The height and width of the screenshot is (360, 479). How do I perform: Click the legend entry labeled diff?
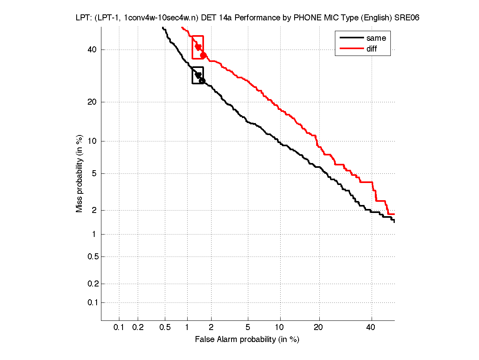[x=371, y=49]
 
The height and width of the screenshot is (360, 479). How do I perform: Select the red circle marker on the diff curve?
[x=203, y=55]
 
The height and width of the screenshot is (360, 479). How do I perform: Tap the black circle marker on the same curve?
[x=202, y=81]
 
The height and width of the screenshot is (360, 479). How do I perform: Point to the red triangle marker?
[x=198, y=47]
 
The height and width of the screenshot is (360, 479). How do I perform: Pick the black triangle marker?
[x=198, y=75]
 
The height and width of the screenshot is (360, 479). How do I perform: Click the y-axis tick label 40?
[x=92, y=50]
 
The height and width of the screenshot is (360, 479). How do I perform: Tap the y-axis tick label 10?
[x=92, y=141]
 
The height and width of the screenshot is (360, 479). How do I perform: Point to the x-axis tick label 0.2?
[x=138, y=328]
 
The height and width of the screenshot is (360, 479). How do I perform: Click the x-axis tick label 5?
[x=248, y=328]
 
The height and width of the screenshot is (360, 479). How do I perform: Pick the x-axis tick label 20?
[x=318, y=328]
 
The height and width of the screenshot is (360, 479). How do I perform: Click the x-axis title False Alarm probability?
[x=247, y=340]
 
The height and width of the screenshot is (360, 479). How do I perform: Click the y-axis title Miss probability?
[x=79, y=173]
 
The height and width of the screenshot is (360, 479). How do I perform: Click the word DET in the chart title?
[x=210, y=18]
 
